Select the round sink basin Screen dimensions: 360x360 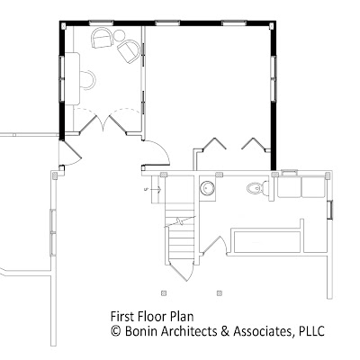(x=208, y=188)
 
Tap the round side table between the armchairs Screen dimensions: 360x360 (x=120, y=35)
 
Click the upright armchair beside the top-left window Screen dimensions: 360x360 (x=102, y=38)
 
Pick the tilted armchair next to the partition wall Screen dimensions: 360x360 (x=129, y=50)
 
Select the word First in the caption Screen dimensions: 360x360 (x=121, y=317)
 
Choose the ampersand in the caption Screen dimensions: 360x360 (x=225, y=331)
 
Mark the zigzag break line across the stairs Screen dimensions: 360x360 (x=180, y=222)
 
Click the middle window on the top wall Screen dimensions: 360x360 (x=168, y=22)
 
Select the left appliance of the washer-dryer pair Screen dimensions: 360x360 (x=289, y=186)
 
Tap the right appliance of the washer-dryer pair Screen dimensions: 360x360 (x=313, y=186)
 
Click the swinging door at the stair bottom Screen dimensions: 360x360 (x=179, y=271)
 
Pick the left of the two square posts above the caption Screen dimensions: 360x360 (x=164, y=292)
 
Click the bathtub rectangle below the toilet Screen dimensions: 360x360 (x=267, y=242)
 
